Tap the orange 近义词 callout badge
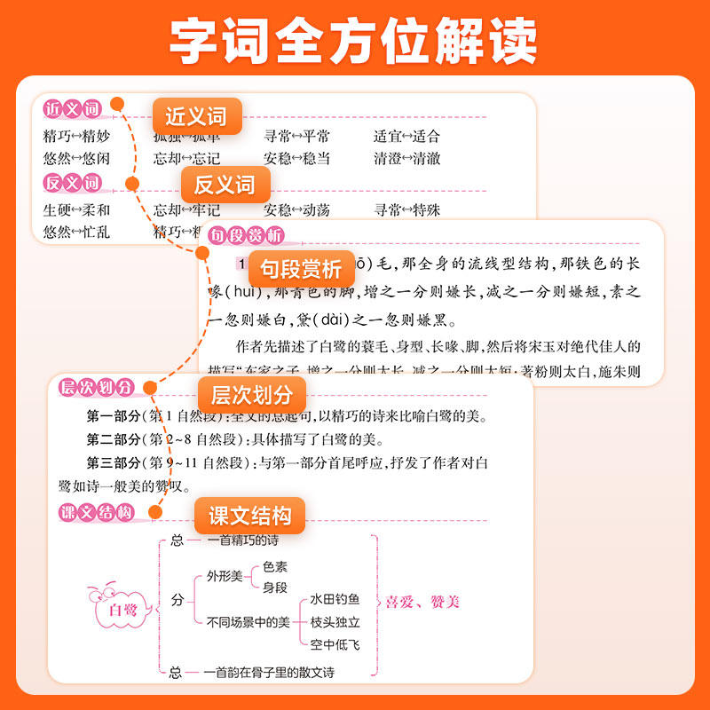point(196,116)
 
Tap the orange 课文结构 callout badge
point(249,516)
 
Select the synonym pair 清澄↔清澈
point(406,159)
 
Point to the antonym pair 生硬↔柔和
point(76,210)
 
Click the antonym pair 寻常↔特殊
point(406,210)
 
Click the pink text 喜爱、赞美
point(423,603)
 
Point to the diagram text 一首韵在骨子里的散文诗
point(269,673)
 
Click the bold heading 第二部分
point(113,439)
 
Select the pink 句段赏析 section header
point(246,236)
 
